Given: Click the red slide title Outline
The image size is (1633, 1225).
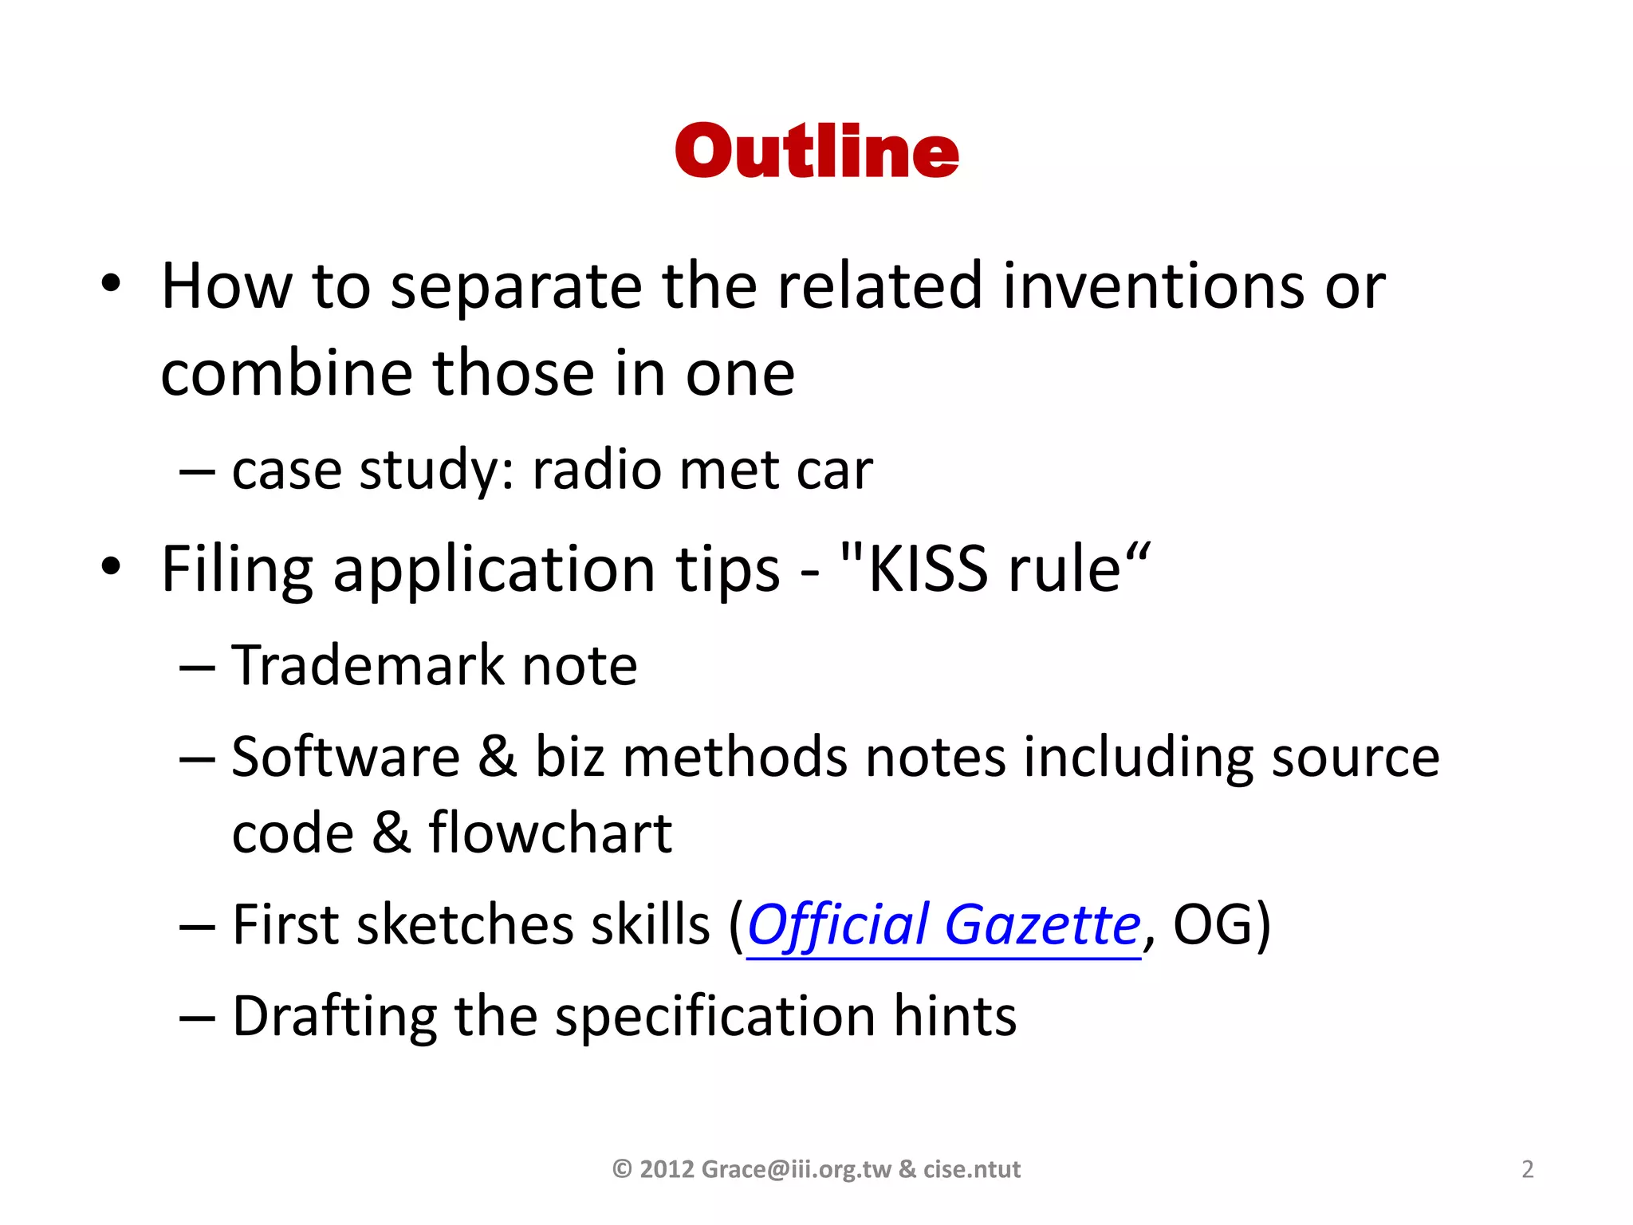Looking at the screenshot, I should (x=816, y=152).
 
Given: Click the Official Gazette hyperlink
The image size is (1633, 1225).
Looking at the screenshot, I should (x=943, y=925).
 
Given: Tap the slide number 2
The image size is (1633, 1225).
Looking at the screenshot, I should (x=1527, y=1169).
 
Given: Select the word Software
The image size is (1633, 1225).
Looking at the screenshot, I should (x=345, y=757).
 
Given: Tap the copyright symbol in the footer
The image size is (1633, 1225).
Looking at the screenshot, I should (x=622, y=1169).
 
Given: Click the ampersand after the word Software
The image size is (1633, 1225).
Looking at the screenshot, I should (x=498, y=757).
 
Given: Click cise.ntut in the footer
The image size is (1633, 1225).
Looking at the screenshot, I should (x=972, y=1169).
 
